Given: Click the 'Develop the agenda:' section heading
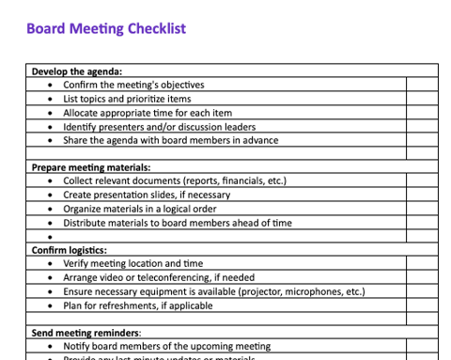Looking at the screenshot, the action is point(77,70).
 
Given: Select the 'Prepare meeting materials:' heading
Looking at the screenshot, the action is point(91,167).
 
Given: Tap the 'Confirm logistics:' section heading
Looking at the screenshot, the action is point(69,250).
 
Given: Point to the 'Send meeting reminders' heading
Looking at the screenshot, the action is point(86,333).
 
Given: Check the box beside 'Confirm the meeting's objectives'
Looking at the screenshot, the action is point(422,85).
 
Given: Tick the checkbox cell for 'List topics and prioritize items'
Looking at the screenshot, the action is point(422,99).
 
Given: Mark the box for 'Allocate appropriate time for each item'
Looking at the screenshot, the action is point(422,113).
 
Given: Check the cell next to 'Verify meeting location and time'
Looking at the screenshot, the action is point(422,264).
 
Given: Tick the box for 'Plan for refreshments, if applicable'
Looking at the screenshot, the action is point(422,305).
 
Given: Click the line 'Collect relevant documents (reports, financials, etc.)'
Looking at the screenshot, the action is point(175,180).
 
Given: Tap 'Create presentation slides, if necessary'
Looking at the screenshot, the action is point(147,195).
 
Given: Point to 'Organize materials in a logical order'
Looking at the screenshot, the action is point(140,209).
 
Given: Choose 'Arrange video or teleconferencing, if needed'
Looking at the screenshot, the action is point(159,277).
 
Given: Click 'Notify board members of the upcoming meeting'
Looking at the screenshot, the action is point(166,347).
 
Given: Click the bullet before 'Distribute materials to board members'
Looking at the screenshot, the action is point(49,223).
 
